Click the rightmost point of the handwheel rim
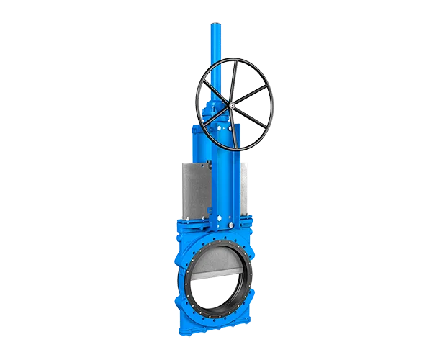pyautogui.click(x=266, y=104)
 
